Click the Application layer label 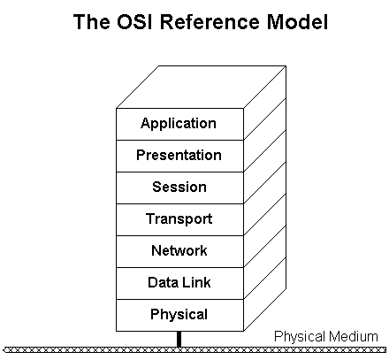(179, 124)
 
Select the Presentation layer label (179, 155)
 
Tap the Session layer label (179, 187)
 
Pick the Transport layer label (179, 219)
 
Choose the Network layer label (179, 250)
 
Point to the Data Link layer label (179, 282)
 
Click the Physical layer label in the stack (179, 315)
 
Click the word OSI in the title (134, 21)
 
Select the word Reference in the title (210, 21)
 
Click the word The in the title (91, 21)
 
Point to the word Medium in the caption (353, 336)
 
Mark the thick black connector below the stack (179, 339)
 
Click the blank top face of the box (202, 87)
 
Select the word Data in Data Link (162, 282)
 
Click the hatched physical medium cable (194, 350)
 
